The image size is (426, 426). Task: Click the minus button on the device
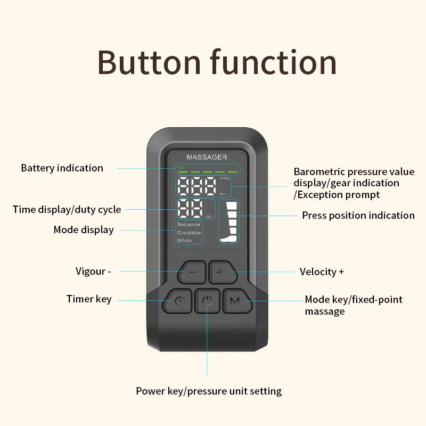pos(193,272)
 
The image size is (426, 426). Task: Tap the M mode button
pos(235,301)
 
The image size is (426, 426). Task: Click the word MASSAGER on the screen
pos(207,157)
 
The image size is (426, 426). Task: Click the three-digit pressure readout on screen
pos(198,186)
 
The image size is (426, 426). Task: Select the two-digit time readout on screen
pos(190,209)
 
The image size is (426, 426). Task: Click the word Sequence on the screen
pos(189,225)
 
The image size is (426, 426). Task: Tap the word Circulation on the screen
pos(190,233)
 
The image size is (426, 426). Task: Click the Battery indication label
pos(62,168)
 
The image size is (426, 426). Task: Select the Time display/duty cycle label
pos(67,210)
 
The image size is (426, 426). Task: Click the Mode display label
pos(84,230)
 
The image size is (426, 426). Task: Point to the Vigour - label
pos(93,271)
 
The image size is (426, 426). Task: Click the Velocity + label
pos(322,272)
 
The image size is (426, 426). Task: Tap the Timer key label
pos(89,299)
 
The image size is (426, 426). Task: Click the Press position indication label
pos(358,216)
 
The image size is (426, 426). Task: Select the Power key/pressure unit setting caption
pos(209,391)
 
